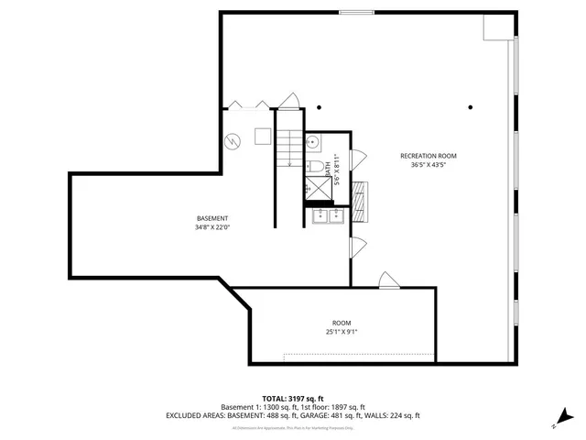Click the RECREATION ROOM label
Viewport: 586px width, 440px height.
[428, 156]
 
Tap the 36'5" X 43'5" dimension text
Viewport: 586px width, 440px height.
[428, 166]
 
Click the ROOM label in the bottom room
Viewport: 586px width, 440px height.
[342, 323]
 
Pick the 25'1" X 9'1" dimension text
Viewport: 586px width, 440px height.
[342, 333]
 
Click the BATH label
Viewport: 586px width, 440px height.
[328, 168]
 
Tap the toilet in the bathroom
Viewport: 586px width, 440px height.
[311, 166]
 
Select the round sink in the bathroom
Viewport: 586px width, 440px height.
[312, 142]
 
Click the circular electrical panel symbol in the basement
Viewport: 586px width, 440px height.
[233, 142]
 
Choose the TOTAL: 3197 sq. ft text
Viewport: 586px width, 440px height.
[292, 399]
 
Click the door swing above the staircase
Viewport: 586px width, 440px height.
[289, 100]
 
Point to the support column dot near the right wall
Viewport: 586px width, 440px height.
[470, 106]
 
